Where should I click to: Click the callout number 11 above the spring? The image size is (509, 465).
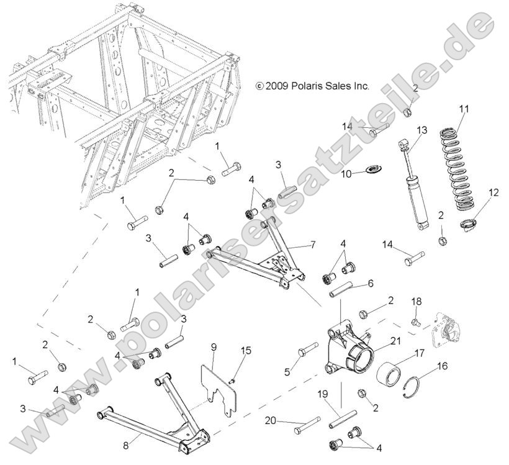(x=464, y=109)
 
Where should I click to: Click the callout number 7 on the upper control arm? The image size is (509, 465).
(x=313, y=245)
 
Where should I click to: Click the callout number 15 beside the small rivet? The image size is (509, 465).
(x=246, y=351)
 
